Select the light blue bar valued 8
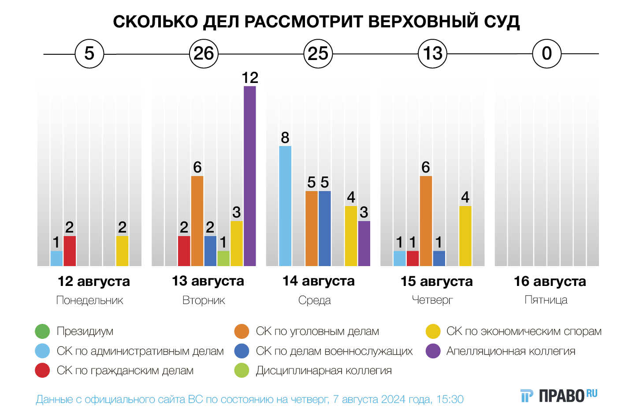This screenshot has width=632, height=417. click(285, 206)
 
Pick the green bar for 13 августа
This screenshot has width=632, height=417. click(223, 258)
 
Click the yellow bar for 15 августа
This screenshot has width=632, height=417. click(465, 236)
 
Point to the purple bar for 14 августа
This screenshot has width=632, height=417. click(364, 243)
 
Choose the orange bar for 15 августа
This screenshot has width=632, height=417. click(426, 221)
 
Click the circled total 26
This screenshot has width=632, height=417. click(204, 54)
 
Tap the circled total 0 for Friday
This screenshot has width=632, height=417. click(546, 54)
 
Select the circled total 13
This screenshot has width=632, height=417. click(432, 54)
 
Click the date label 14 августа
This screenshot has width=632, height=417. click(318, 281)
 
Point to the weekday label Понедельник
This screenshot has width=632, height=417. click(89, 301)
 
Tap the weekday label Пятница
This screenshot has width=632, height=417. click(546, 300)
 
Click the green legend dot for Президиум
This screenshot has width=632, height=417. click(42, 331)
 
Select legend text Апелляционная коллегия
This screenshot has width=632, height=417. click(510, 351)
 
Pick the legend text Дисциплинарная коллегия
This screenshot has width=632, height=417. click(323, 371)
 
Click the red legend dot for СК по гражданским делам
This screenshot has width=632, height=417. click(42, 371)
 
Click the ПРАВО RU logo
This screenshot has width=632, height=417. click(558, 395)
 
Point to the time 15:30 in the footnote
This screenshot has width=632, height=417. click(450, 399)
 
